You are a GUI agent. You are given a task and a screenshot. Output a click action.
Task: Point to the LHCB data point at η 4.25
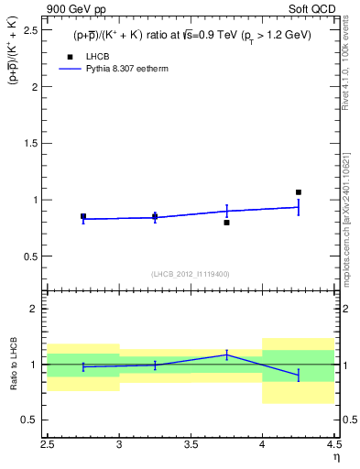(x=299, y=192)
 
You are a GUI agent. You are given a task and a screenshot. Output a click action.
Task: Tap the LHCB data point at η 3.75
(x=226, y=223)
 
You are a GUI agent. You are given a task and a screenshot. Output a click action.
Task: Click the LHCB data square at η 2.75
(x=83, y=217)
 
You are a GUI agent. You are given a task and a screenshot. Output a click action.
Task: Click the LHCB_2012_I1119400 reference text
(x=191, y=274)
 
